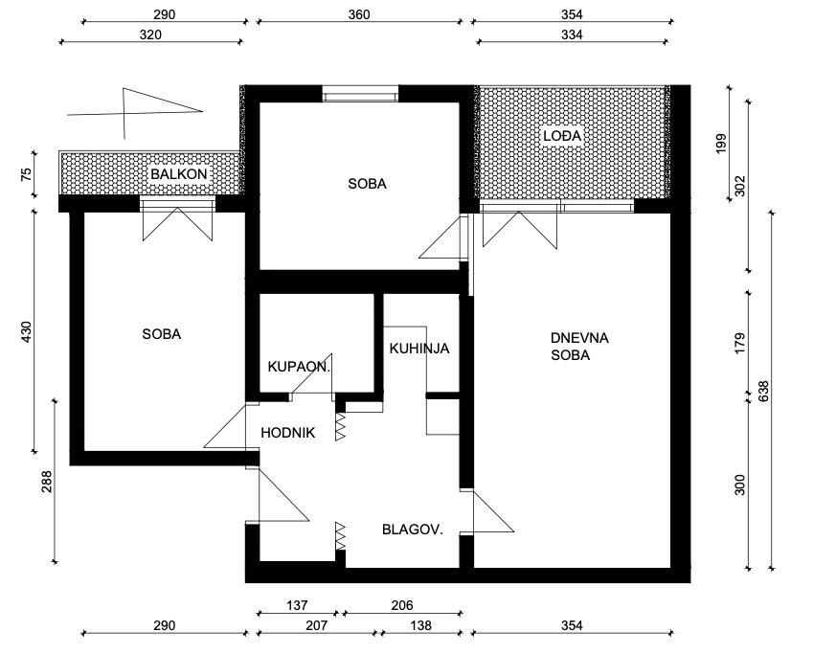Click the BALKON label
tap(179, 173)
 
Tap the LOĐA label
tap(562, 136)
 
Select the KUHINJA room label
tap(419, 349)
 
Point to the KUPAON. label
tap(299, 367)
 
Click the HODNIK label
tap(288, 433)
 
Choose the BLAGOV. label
tap(413, 530)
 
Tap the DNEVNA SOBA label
tap(579, 347)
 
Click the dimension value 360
tap(359, 14)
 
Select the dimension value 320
tap(150, 34)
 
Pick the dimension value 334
tap(572, 34)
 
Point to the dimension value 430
tap(27, 332)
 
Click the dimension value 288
tap(47, 482)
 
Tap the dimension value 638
tap(764, 392)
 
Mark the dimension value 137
tap(297, 605)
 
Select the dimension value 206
tap(402, 605)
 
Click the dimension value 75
tap(27, 173)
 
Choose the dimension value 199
tap(721, 144)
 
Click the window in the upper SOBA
tap(360, 93)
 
